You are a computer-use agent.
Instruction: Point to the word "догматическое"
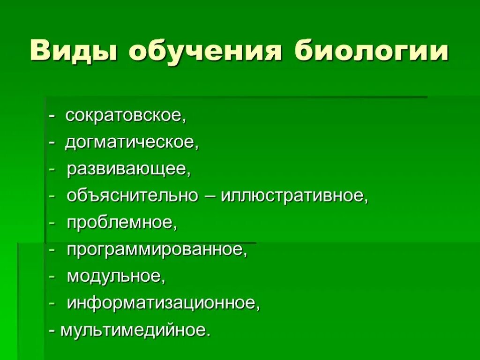[131, 142]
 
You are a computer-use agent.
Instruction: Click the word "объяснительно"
[133, 196]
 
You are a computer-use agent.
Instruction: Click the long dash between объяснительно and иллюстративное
[210, 196]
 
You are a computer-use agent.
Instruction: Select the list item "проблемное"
[121, 223]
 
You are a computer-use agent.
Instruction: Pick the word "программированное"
[156, 250]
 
